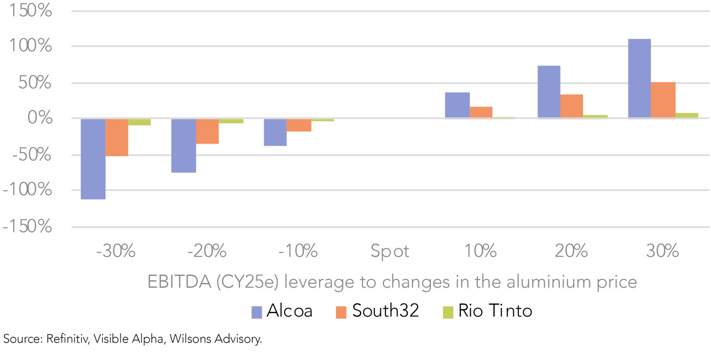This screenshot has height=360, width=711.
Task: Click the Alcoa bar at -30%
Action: coord(93,159)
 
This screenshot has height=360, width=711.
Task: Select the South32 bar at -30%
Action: coord(117,137)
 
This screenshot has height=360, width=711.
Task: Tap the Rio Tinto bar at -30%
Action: coord(139,122)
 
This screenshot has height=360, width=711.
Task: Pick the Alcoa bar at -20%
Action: coord(184,145)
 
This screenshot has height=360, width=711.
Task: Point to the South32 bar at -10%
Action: coord(299,125)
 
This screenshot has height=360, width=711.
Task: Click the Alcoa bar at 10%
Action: coord(457,105)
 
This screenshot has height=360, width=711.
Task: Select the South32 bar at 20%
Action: coord(572,106)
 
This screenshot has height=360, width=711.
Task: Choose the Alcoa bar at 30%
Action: coord(640,78)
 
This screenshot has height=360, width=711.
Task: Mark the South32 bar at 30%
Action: coord(663,100)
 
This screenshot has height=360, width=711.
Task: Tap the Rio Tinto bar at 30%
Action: coord(687,115)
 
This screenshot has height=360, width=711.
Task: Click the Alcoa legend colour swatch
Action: coord(257,312)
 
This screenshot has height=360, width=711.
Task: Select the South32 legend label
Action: coord(386,311)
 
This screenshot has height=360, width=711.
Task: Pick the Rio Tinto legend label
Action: coord(495,311)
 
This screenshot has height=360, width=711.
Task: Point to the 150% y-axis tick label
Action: coord(30,10)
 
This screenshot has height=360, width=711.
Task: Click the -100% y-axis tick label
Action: coord(27,189)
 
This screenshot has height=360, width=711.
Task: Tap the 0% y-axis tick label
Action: coord(40,118)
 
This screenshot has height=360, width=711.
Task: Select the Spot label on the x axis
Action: coord(390,251)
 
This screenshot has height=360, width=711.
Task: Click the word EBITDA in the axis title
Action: coord(179,282)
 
